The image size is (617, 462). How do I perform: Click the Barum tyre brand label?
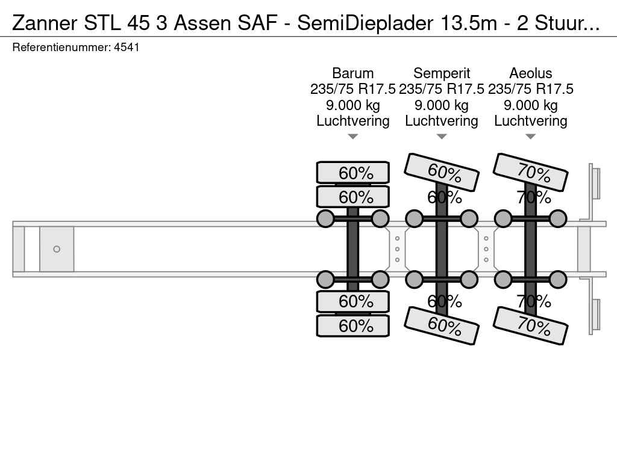[352, 73]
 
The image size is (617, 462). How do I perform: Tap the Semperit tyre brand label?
[442, 73]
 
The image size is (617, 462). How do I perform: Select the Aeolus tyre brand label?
[530, 73]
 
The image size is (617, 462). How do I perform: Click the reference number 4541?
[127, 47]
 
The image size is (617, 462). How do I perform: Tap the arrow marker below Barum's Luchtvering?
[353, 137]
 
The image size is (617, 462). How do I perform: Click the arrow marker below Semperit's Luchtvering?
[442, 137]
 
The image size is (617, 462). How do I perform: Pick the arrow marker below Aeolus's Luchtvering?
[530, 137]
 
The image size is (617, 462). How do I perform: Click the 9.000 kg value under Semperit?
[442, 105]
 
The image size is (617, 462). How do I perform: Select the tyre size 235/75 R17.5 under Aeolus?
[530, 89]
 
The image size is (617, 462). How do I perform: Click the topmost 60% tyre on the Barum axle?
[353, 173]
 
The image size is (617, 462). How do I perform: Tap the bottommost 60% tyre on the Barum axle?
[353, 325]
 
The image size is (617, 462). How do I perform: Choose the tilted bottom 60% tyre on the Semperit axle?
[442, 325]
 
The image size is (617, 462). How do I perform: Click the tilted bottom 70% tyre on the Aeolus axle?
[530, 325]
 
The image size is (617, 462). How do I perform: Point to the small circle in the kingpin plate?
[57, 249]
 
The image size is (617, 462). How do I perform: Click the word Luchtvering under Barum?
[353, 121]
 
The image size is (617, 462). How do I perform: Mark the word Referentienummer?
[61, 47]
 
